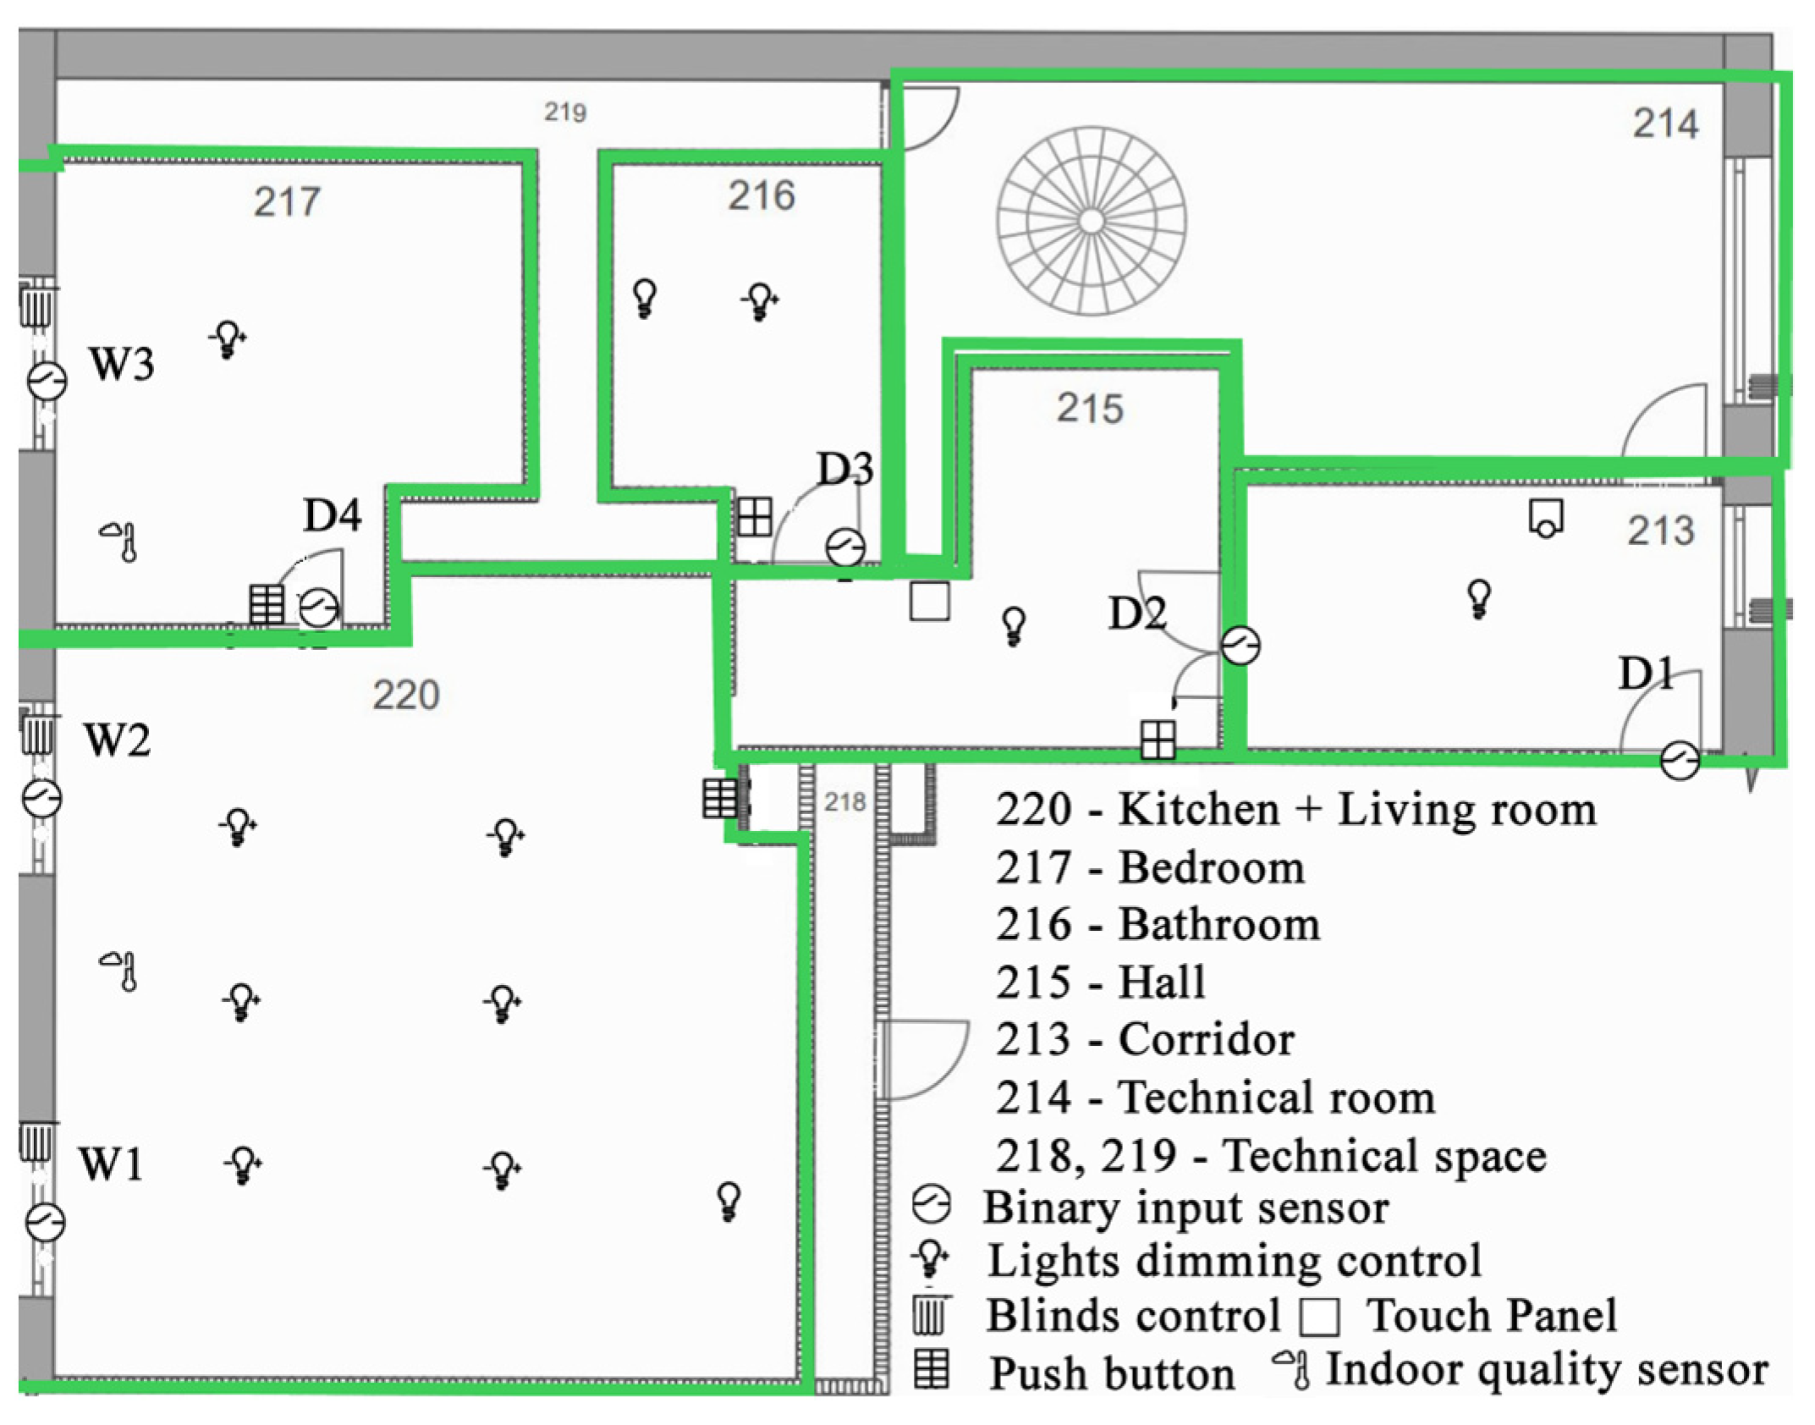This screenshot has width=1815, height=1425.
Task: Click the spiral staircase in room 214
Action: coord(1091,222)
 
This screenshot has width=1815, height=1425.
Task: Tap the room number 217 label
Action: coord(287,202)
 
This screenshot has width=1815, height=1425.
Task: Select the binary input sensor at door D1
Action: coord(1680,759)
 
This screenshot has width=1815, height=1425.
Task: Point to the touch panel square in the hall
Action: coord(929,602)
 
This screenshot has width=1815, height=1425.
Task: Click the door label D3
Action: coord(844,469)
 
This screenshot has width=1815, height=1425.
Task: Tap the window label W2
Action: coord(118,740)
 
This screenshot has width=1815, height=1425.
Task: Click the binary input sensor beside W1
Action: coord(45,1222)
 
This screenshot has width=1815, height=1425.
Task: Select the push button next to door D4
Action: coord(267,604)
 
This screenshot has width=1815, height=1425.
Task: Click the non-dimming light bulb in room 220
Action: coord(729,1201)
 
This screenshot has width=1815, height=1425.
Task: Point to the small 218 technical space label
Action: coord(844,801)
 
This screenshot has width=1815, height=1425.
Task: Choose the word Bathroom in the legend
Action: coord(1219,925)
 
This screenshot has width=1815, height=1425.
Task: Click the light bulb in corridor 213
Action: coord(1478,598)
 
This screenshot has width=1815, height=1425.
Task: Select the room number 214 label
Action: coord(1665,124)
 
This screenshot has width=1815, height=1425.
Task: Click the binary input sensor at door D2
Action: coord(1240,646)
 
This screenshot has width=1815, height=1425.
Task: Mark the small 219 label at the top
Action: coord(565,112)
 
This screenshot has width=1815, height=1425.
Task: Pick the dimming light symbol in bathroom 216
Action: coord(760,301)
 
